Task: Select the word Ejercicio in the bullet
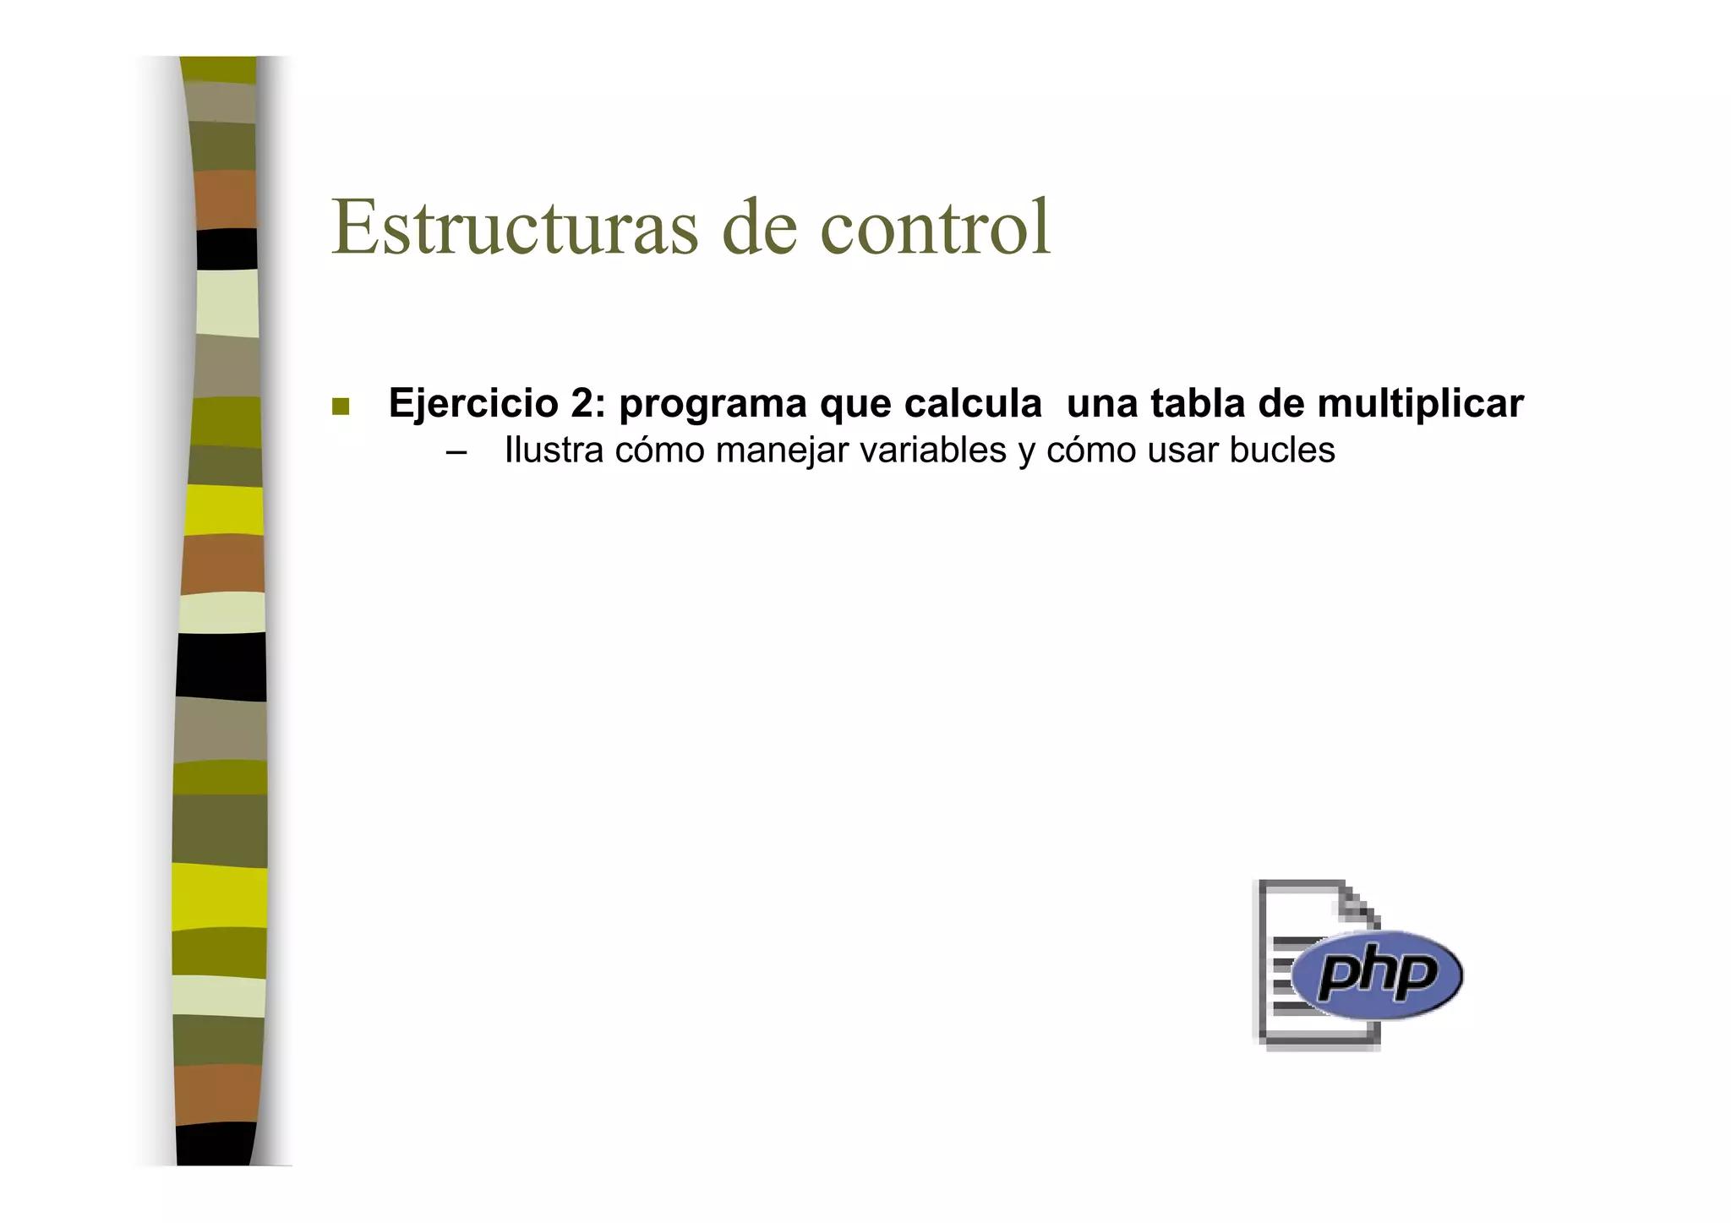point(472,403)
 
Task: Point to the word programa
point(713,405)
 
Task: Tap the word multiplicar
point(1420,405)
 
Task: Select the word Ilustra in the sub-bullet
point(554,450)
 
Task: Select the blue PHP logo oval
point(1378,974)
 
